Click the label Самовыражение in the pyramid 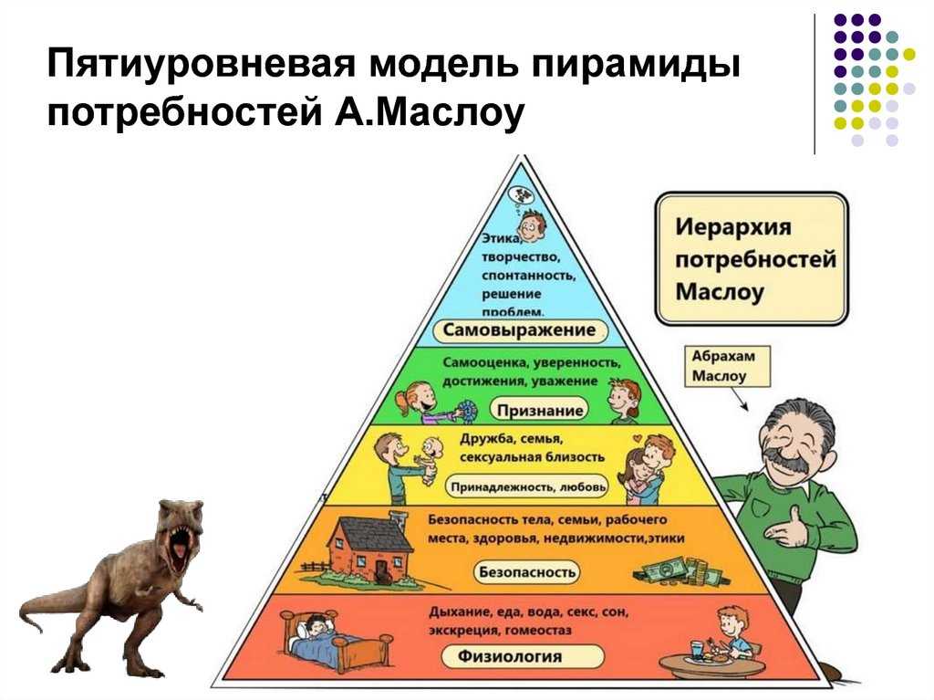coord(520,330)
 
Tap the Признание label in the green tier coord(540,410)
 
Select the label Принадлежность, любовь coord(528,486)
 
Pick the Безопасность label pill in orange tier coord(527,572)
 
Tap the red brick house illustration coord(368,546)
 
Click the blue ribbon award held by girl coord(468,411)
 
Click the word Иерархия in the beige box coord(732,227)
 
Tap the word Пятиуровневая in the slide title coord(205,63)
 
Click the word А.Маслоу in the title coord(429,111)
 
